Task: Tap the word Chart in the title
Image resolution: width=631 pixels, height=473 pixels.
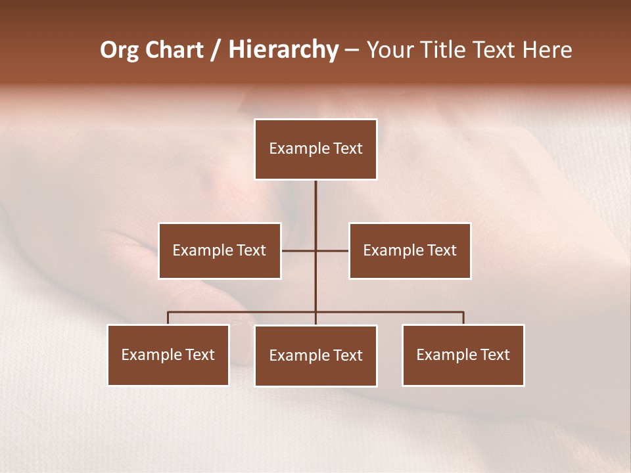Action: coord(172,50)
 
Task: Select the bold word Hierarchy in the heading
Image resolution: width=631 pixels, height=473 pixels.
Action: coord(283,51)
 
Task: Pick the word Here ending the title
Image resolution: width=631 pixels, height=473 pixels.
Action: coord(548,50)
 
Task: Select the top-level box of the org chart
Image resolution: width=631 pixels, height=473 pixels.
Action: coord(315,149)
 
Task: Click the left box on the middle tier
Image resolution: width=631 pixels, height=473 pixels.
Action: coord(220,250)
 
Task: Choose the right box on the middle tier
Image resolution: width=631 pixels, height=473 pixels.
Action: coord(410,250)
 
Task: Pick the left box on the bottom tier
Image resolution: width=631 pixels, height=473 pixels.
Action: coord(168,355)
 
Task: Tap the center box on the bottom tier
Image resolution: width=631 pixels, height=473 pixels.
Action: coord(315,355)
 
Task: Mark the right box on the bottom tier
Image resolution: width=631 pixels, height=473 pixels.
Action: coord(463,355)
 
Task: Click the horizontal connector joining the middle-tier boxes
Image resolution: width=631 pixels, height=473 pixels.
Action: coord(299,250)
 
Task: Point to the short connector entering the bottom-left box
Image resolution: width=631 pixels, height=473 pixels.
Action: coord(168,318)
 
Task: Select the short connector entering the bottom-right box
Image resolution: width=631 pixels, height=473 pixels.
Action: coord(463,318)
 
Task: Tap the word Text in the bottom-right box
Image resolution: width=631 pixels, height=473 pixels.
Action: coord(495,355)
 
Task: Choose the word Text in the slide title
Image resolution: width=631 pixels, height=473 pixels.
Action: coord(496,50)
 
